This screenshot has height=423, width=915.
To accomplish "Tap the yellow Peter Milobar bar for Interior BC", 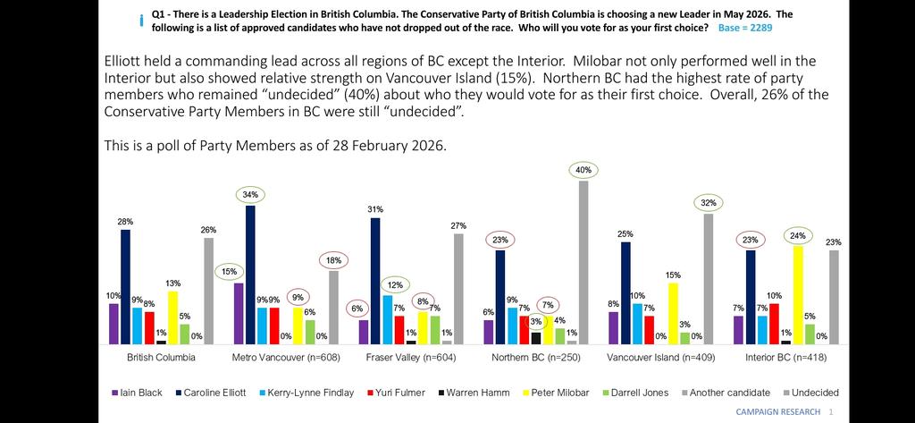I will click(x=797, y=295).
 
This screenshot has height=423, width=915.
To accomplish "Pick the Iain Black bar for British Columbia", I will click(x=113, y=324).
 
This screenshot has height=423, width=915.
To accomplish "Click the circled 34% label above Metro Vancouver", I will click(x=250, y=194).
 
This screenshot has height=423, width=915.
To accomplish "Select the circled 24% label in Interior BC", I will click(x=797, y=236).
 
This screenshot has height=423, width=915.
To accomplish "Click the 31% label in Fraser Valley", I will click(x=375, y=209).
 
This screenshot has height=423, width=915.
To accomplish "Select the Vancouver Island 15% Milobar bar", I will click(x=672, y=313).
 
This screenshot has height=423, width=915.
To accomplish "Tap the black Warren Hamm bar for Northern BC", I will click(x=536, y=338).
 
